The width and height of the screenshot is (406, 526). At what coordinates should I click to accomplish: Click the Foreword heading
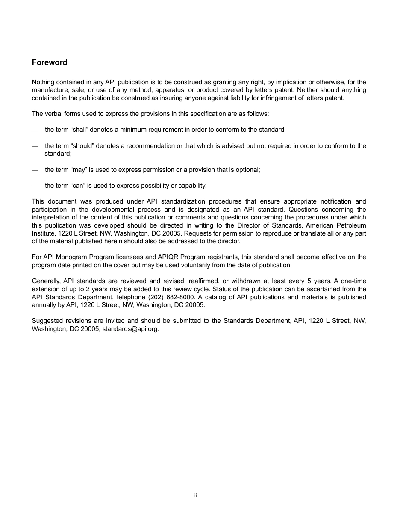tap(50, 62)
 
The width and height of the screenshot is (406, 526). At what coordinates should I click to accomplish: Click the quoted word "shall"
tap(79, 130)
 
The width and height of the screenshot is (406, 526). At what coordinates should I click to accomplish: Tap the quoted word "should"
tap(82, 146)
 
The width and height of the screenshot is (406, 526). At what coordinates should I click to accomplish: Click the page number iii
tap(195, 496)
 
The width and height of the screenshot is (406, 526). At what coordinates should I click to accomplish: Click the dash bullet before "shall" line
tap(35, 130)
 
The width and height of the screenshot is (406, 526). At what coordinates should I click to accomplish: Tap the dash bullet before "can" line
tap(35, 186)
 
